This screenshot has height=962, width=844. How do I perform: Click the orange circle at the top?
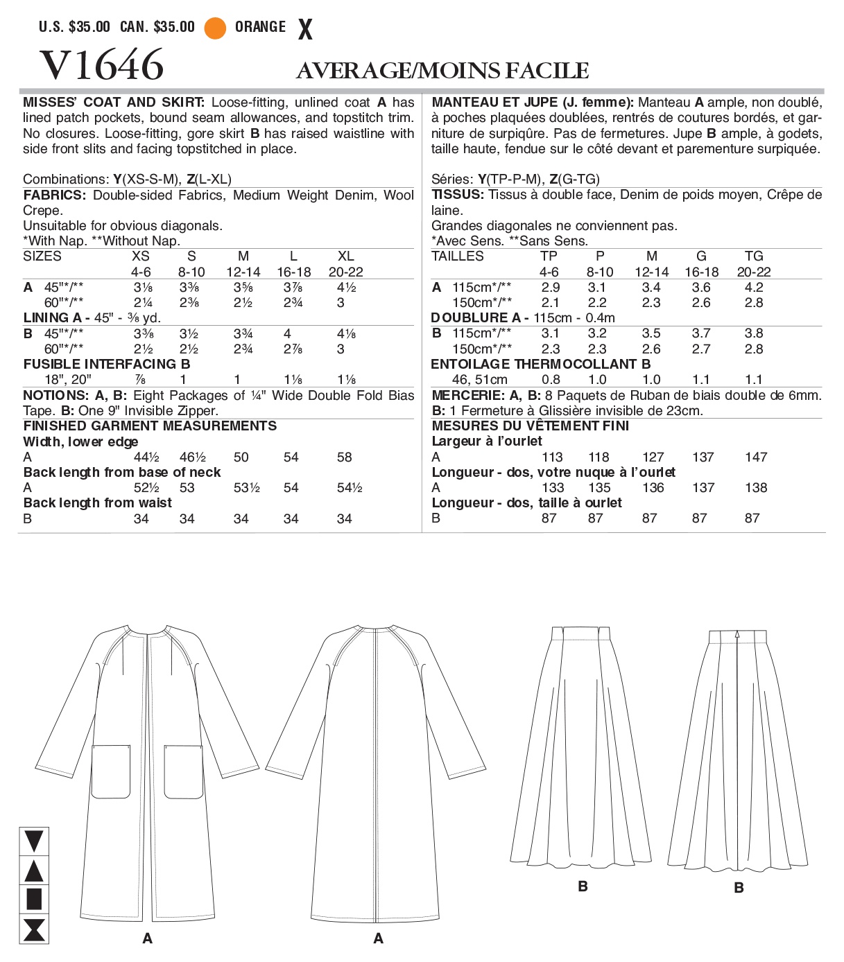(215, 28)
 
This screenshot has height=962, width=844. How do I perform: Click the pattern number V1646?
(102, 65)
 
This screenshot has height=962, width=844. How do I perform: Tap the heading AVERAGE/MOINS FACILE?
(442, 71)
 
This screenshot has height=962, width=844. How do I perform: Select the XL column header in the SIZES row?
(345, 256)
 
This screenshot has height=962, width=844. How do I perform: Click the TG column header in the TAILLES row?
(753, 256)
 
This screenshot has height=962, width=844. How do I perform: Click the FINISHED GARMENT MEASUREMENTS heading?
(150, 426)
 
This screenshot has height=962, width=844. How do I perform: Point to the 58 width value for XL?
(344, 457)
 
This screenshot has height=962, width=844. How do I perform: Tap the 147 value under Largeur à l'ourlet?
(755, 457)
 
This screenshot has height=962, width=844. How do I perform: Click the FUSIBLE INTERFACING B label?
(107, 365)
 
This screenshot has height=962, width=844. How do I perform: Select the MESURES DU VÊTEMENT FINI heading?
(530, 426)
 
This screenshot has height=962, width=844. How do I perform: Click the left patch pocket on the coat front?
(111, 771)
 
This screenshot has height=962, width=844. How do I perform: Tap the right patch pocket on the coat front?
(184, 771)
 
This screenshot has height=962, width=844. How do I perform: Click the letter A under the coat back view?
(378, 938)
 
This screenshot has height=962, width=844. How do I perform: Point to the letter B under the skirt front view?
(583, 886)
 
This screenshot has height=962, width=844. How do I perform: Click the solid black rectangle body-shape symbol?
(34, 899)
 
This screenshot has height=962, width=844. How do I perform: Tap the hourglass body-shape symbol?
(34, 929)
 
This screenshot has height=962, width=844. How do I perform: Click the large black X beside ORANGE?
(305, 29)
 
